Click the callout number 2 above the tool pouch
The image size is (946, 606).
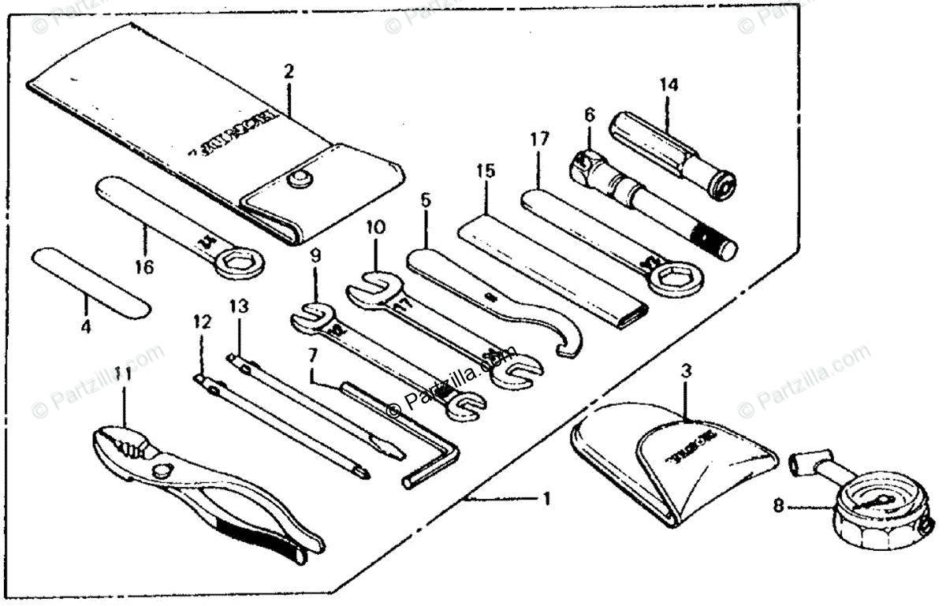pos(289,71)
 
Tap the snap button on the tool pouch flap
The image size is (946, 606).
pos(299,180)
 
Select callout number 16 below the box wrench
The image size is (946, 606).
pos(143,267)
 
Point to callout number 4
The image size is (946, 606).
pos(86,324)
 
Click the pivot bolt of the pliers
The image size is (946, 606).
pos(163,470)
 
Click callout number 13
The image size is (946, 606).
pos(238,305)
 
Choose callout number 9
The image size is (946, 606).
pos(315,255)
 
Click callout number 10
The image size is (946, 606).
pos(376,228)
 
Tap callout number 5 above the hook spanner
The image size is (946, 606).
pos(426,200)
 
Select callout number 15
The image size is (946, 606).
pos(486,169)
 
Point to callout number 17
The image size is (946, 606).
pos(539,141)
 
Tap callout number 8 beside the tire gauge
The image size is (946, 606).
pos(780,507)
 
